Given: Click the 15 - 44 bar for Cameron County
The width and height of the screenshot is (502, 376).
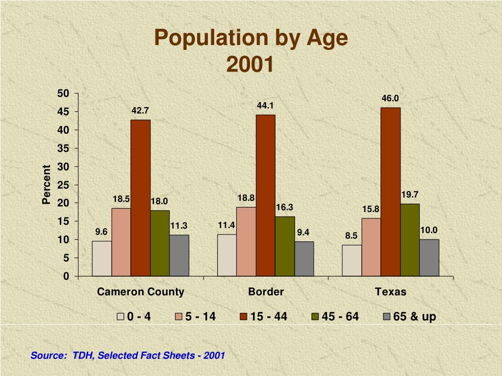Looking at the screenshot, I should point(141,198).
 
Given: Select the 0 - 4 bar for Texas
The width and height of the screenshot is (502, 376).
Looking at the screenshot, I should point(352,260).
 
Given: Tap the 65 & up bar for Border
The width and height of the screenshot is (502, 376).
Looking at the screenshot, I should point(304,258).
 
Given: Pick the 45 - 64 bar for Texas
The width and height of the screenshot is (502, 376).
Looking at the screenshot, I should point(410,240).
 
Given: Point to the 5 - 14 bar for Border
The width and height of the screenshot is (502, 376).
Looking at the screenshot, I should point(246,241).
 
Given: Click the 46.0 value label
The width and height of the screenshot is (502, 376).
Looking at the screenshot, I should point(390,99).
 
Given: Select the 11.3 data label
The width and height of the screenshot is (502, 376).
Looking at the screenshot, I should point(179,226).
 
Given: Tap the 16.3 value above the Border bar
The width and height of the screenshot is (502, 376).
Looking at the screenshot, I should point(284,208).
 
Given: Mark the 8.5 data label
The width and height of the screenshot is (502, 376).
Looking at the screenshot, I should point(351,236).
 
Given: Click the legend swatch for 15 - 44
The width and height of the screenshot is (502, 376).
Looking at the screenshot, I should point(244,317).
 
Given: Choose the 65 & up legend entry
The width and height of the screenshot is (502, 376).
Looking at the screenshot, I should point(410,317).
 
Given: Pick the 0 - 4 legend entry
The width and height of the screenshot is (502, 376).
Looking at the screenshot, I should point(134,317).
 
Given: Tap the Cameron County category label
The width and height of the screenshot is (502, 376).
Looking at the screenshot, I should point(141,292).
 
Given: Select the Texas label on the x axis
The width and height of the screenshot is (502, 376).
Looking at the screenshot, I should point(391,292).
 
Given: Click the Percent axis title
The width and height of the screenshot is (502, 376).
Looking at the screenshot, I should point(47,185).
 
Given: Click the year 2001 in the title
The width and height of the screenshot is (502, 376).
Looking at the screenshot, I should point(251,64).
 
